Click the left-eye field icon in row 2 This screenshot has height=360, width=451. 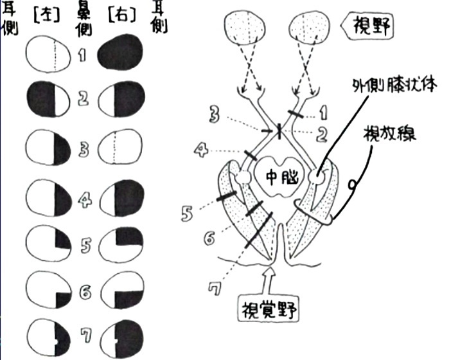(48, 100)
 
